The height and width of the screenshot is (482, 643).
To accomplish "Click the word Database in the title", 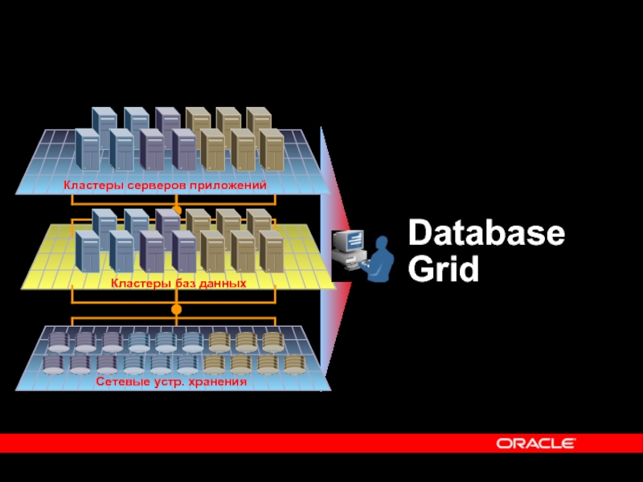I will pyautogui.click(x=486, y=235).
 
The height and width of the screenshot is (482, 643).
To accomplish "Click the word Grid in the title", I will pyautogui.click(x=444, y=269).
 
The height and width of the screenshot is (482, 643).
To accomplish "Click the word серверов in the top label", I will pyautogui.click(x=161, y=186).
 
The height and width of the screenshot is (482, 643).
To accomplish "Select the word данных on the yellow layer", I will pyautogui.click(x=219, y=284).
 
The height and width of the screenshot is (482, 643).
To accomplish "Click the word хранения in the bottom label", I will pyautogui.click(x=218, y=382).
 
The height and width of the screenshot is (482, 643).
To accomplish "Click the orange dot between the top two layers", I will pyautogui.click(x=177, y=210).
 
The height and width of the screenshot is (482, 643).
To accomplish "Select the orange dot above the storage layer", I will pyautogui.click(x=177, y=308).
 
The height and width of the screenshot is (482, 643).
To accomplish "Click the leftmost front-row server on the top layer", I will pyautogui.click(x=87, y=149).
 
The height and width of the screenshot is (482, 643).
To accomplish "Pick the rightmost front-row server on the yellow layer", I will pyautogui.click(x=271, y=250).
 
